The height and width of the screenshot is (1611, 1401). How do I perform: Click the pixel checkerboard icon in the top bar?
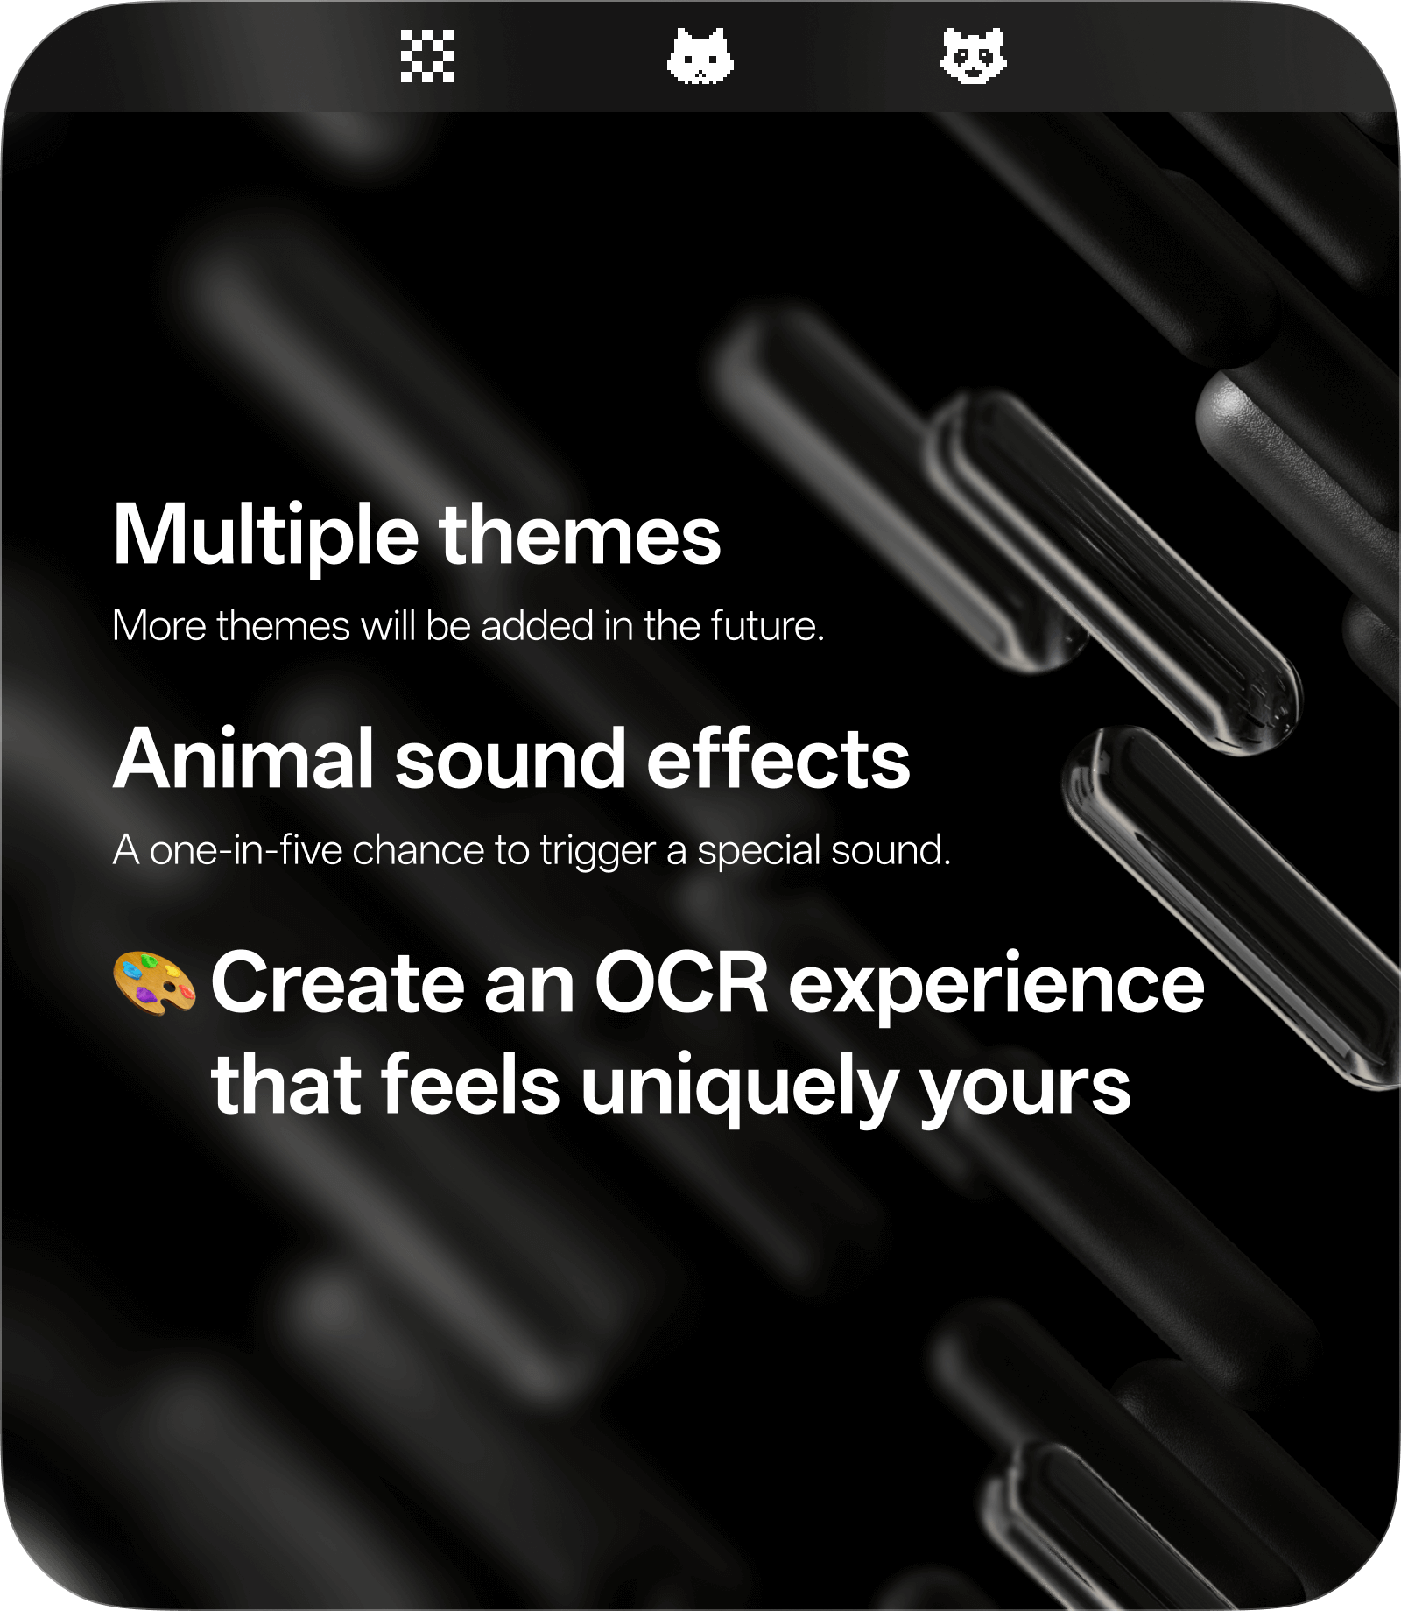427,56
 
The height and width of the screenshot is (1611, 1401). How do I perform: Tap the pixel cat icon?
700,56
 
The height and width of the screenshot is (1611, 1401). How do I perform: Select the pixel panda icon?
974,56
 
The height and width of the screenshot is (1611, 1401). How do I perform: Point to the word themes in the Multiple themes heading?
580,536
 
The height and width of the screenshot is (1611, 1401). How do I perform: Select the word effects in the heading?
778,759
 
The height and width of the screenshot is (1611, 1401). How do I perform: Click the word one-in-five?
246,850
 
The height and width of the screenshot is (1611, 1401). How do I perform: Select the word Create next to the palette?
336,983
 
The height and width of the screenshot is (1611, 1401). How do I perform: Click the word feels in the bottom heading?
470,1086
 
